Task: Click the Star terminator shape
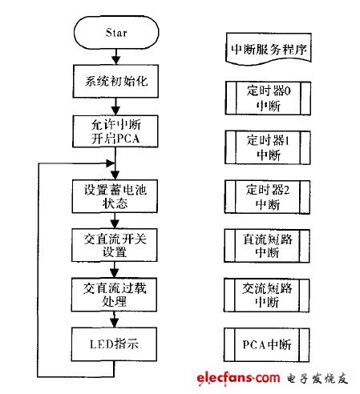click(x=116, y=32)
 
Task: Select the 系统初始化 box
click(x=115, y=81)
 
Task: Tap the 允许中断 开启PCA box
click(x=115, y=131)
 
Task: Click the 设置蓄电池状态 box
click(x=115, y=196)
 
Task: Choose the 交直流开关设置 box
click(x=115, y=245)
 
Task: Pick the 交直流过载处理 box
click(x=114, y=295)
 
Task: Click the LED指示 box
click(x=114, y=344)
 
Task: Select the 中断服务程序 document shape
click(x=269, y=49)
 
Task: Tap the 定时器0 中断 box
click(x=268, y=98)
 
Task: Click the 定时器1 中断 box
click(x=268, y=147)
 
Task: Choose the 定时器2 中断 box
click(x=267, y=197)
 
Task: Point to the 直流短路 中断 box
click(x=267, y=246)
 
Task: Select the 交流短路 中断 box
click(x=267, y=295)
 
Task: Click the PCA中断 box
click(x=267, y=345)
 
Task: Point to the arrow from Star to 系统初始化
click(x=116, y=57)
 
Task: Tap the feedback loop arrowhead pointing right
click(x=111, y=163)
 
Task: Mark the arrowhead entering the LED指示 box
click(x=115, y=324)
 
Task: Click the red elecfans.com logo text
click(x=238, y=378)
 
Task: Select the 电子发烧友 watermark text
click(x=318, y=379)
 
